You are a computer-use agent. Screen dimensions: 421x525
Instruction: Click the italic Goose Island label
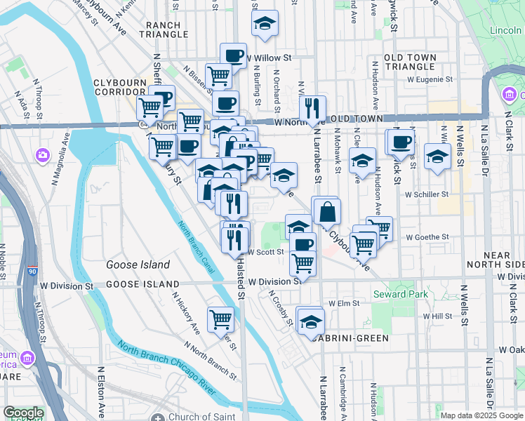tap(138, 265)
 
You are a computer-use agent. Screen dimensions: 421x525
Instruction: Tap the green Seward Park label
tap(400, 294)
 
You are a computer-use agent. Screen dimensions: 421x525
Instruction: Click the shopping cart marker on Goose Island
tap(220, 319)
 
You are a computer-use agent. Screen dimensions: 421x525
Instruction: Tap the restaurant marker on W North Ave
tap(312, 108)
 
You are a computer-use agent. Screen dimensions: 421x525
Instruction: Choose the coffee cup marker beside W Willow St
tap(233, 55)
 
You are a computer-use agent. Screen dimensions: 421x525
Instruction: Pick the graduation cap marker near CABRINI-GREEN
tap(310, 322)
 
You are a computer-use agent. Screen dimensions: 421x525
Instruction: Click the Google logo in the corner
tap(24, 413)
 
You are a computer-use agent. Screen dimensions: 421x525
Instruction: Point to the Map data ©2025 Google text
tap(481, 415)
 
